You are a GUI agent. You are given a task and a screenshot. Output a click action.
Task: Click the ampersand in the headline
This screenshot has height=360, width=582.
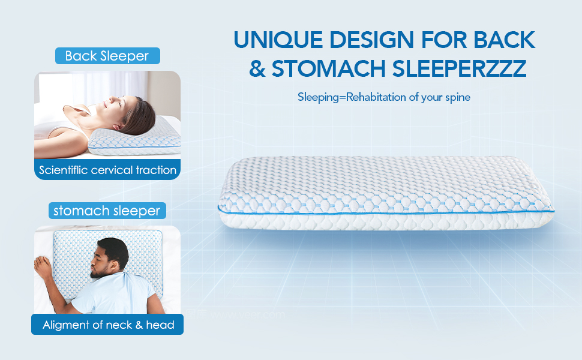[257, 68]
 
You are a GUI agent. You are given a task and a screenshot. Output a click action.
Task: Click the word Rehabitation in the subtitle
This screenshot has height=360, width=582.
[373, 97]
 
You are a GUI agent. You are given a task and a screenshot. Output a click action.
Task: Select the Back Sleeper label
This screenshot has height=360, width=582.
[107, 56]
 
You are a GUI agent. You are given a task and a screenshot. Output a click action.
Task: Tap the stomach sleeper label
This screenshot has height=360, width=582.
[107, 211]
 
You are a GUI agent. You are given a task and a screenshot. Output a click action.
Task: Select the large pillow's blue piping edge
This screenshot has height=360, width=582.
[384, 211]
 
